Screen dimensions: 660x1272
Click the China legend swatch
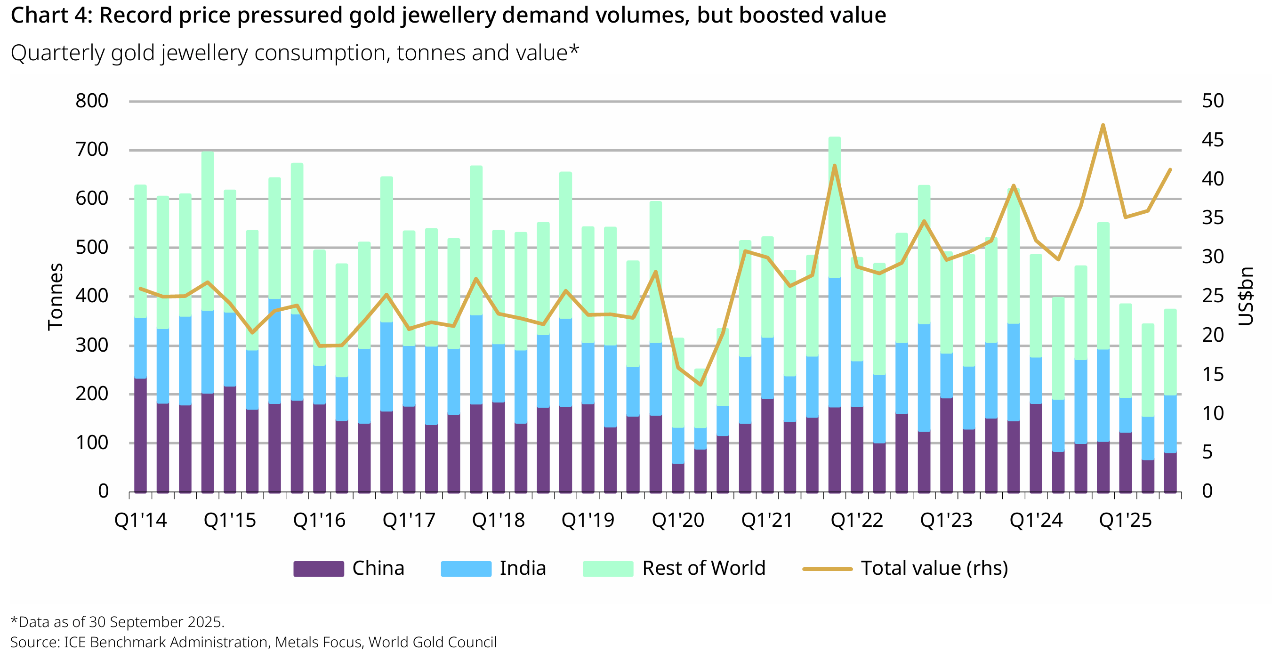(319, 569)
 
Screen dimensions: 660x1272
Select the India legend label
(523, 569)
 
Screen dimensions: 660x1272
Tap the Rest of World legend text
(703, 569)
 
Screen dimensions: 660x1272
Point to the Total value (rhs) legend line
(827, 569)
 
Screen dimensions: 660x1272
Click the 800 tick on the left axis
(92, 101)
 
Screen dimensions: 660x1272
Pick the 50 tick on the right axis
(1213, 101)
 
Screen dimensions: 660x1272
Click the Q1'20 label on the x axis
(678, 520)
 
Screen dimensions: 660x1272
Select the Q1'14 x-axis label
(141, 520)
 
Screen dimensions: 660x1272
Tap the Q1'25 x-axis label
(1125, 520)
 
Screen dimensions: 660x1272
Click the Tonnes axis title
(55, 296)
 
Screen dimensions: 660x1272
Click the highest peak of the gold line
(1103, 125)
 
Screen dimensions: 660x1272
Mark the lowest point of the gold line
(700, 385)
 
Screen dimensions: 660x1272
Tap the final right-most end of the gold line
(1170, 170)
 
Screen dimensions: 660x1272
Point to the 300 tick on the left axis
(92, 346)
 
